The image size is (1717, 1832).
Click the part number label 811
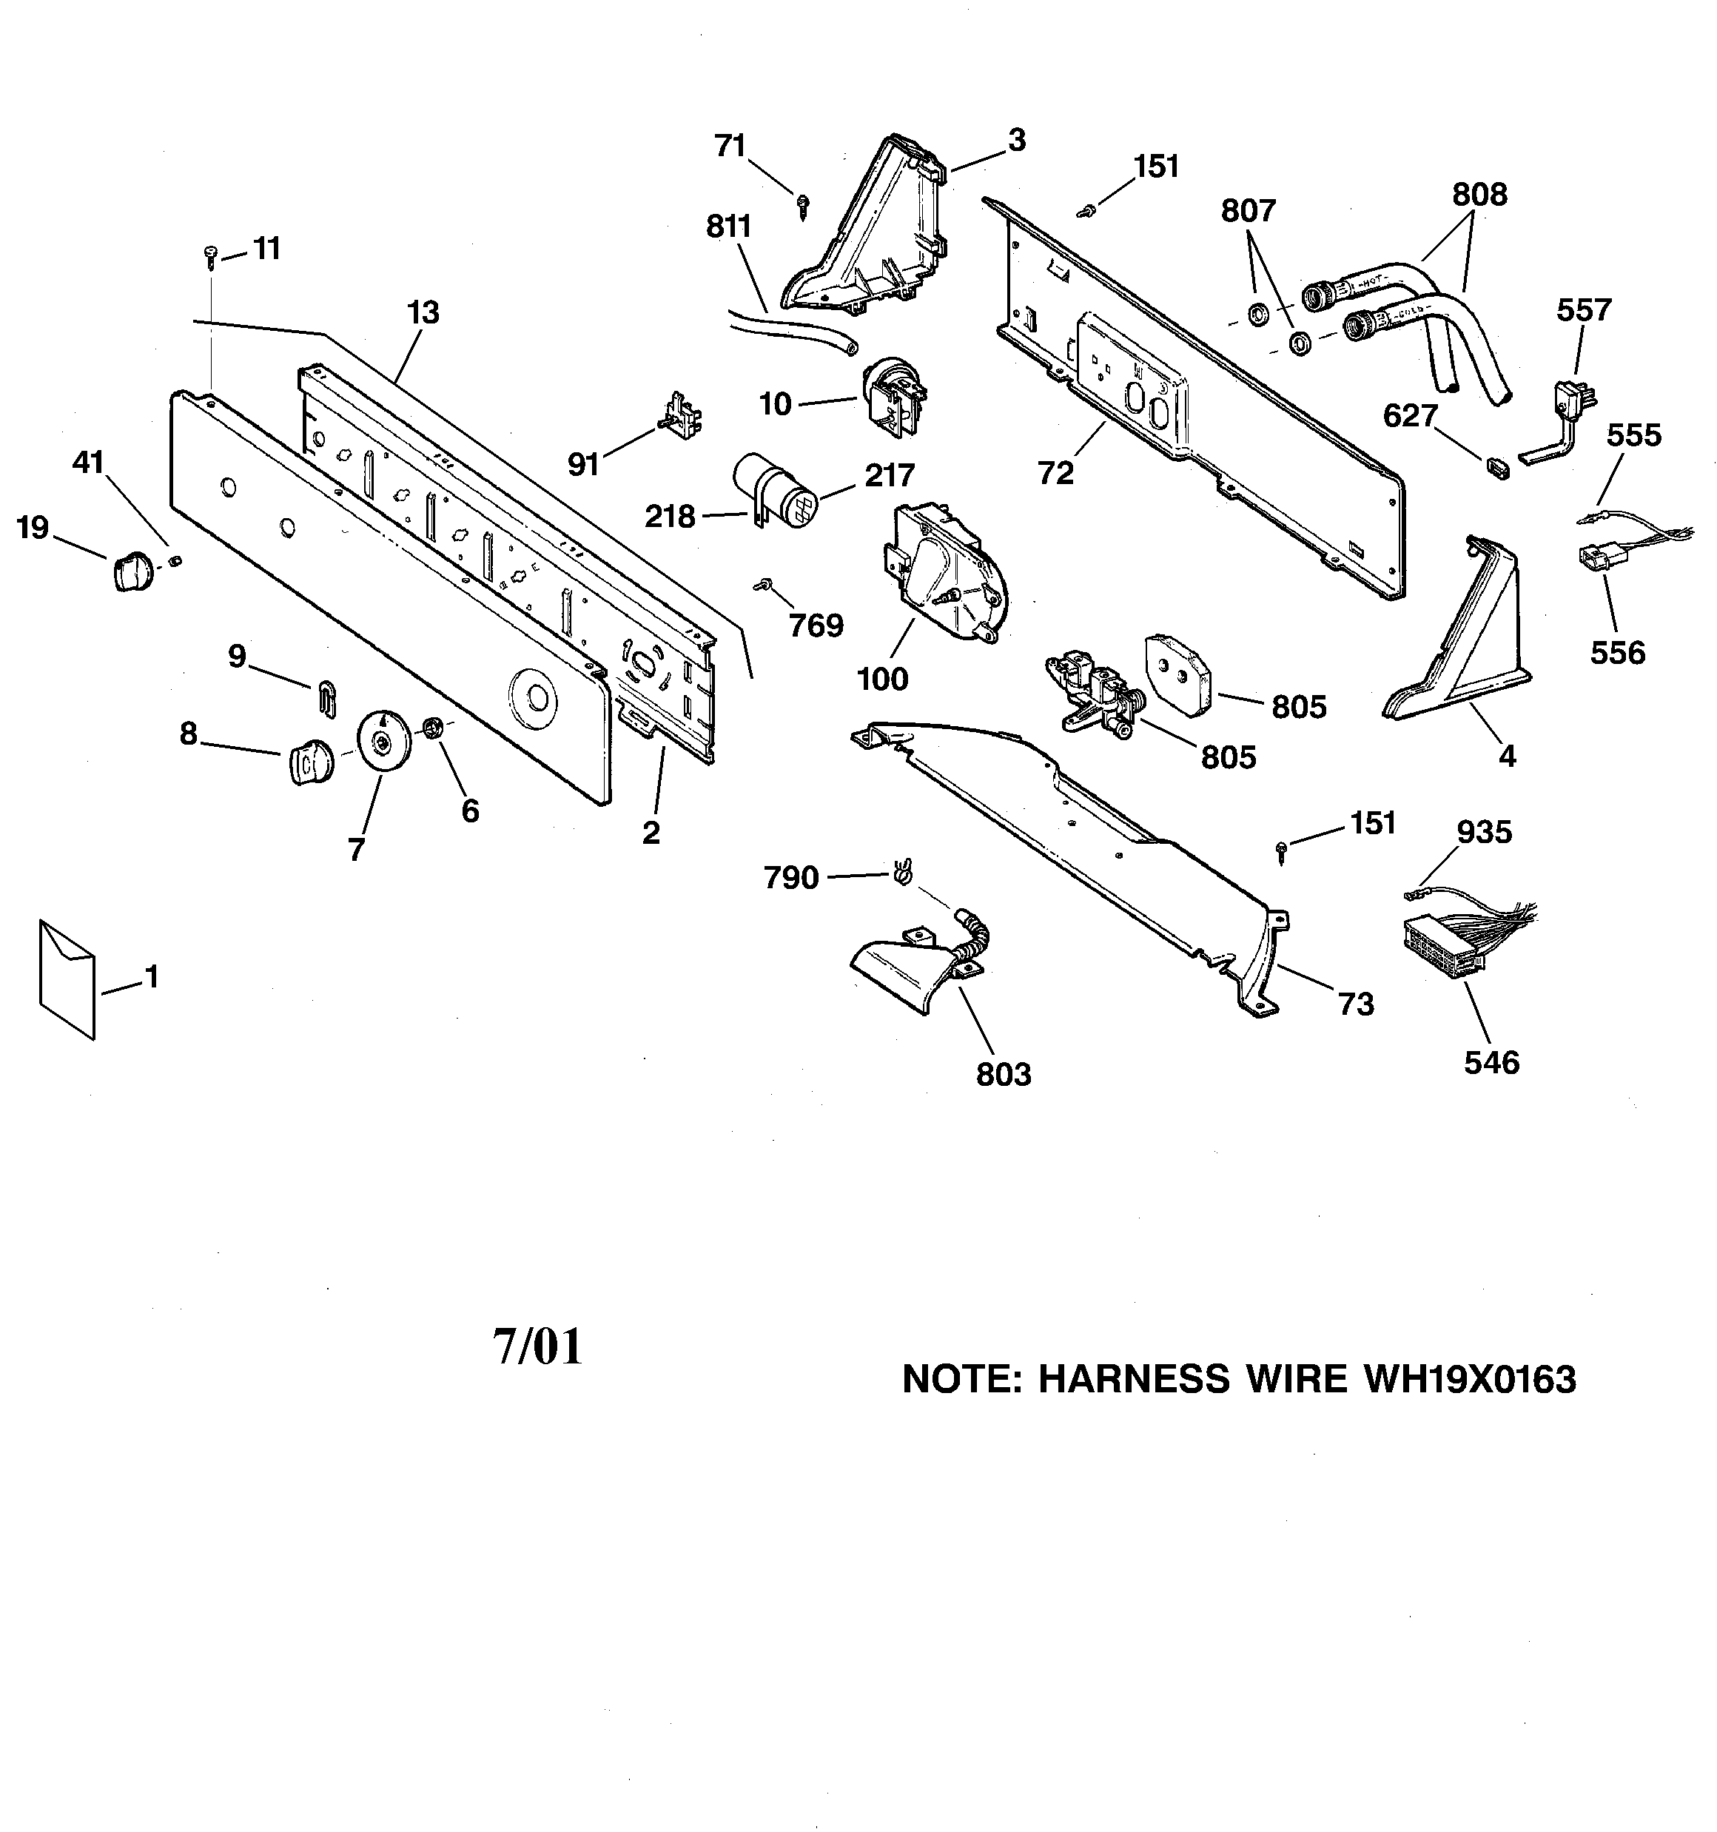tap(729, 227)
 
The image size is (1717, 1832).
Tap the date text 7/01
tap(538, 1346)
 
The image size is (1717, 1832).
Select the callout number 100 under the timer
tap(882, 680)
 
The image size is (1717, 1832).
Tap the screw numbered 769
tap(763, 584)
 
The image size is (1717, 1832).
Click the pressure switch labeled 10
tap(891, 396)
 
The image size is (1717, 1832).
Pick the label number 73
tap(1356, 1004)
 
